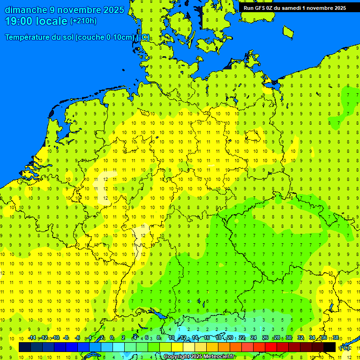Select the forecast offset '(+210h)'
[83, 21]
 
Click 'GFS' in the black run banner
[260, 8]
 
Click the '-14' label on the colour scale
[32, 337]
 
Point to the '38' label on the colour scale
[336, 337]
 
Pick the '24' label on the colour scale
[254, 337]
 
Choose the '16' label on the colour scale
[207, 337]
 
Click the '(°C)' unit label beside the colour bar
[345, 347]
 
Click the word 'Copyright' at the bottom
[177, 357]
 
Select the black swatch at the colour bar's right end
[330, 347]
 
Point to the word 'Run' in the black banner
[248, 8]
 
